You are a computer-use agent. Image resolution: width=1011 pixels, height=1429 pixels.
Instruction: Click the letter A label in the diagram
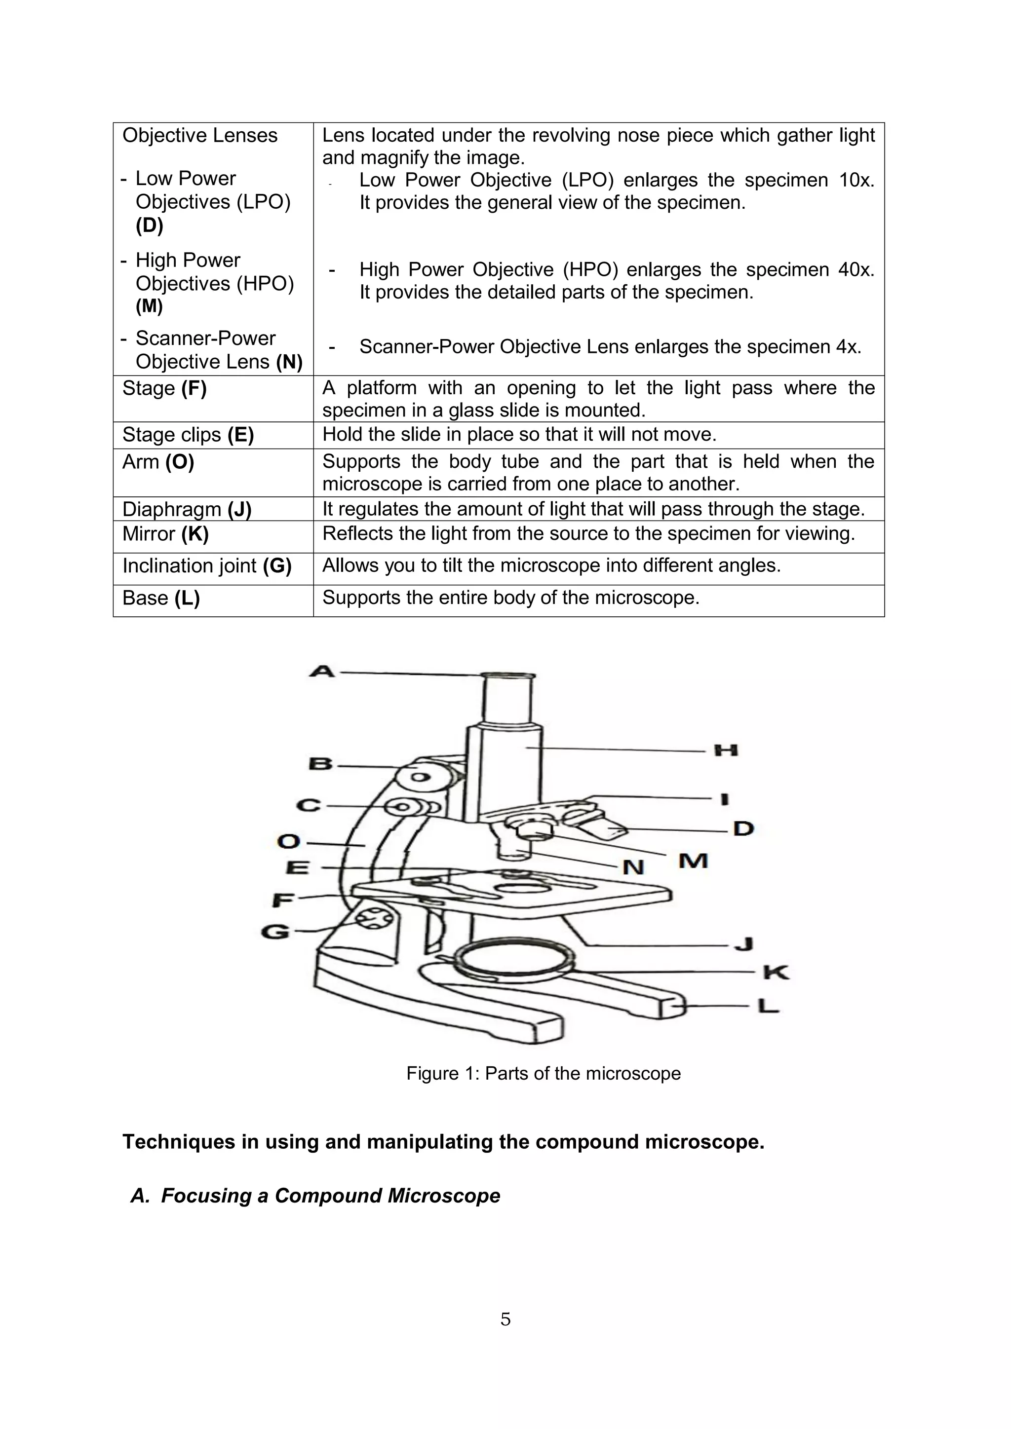click(322, 672)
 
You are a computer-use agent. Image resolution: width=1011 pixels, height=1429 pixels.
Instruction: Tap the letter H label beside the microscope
click(725, 750)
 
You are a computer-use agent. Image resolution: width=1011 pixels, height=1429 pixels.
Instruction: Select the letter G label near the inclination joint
click(275, 932)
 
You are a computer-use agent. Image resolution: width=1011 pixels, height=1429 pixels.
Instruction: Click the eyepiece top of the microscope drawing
click(508, 676)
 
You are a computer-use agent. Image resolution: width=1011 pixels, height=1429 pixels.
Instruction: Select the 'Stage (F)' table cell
click(164, 388)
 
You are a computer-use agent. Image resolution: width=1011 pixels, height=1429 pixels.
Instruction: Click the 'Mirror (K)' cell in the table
click(165, 534)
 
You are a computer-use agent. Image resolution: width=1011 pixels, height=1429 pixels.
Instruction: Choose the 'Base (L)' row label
click(160, 598)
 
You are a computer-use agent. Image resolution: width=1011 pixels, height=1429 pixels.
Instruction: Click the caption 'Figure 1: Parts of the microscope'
click(543, 1073)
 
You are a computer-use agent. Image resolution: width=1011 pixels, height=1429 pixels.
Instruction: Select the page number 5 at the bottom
click(505, 1319)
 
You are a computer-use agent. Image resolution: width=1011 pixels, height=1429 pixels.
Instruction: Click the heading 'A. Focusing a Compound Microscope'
click(315, 1196)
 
